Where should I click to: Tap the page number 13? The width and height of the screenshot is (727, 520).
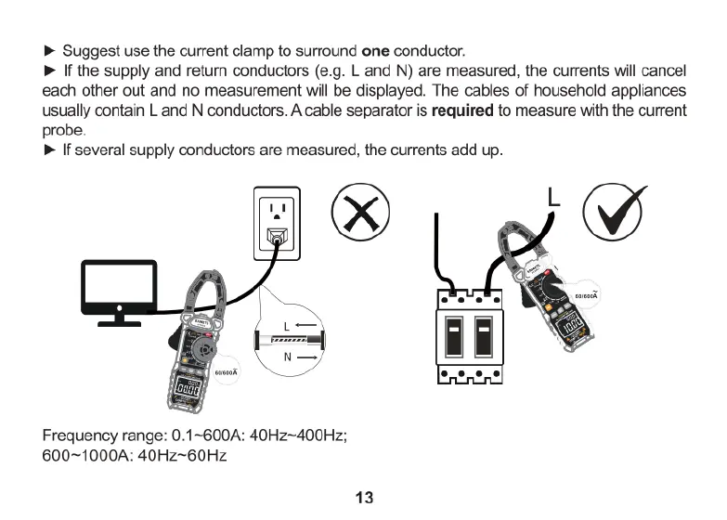tap(363, 498)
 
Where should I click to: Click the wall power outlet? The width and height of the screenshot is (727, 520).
tap(275, 224)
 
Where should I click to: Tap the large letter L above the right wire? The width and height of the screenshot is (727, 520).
tap(553, 197)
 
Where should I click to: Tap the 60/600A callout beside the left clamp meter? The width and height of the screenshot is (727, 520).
tap(227, 371)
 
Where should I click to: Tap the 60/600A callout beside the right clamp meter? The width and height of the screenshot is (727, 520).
tap(587, 296)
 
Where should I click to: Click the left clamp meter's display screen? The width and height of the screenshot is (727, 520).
tap(186, 392)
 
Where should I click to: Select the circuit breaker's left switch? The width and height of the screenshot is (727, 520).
tap(455, 339)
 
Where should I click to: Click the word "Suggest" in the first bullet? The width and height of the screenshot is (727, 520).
tap(89, 49)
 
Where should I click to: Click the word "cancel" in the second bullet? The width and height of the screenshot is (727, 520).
tap(662, 70)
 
